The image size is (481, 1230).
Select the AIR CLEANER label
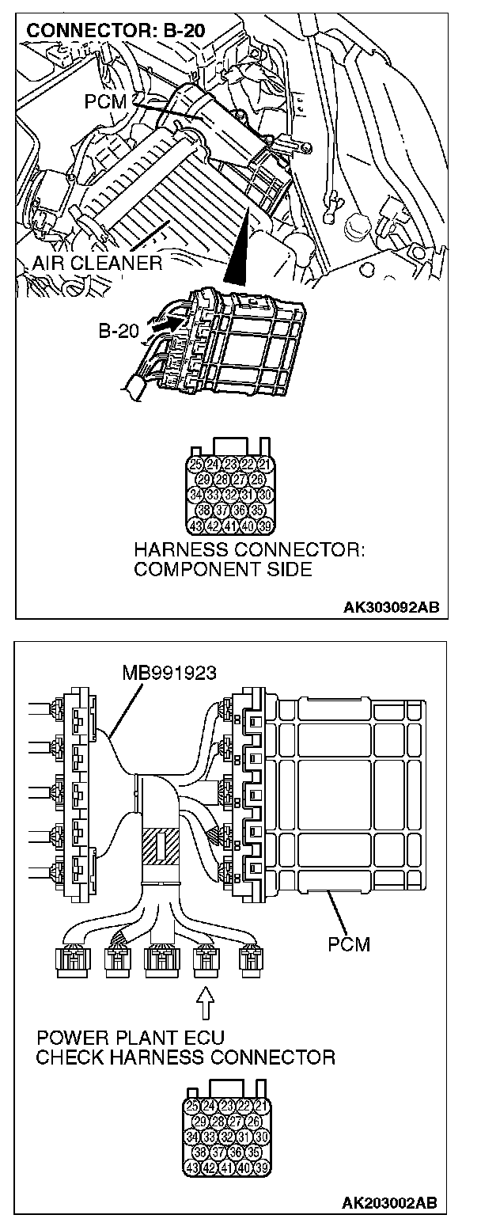[97, 263]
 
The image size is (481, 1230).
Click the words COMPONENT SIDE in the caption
[223, 569]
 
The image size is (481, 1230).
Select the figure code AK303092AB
[392, 608]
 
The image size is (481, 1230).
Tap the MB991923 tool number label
[170, 674]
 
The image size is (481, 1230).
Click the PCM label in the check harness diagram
[348, 944]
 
